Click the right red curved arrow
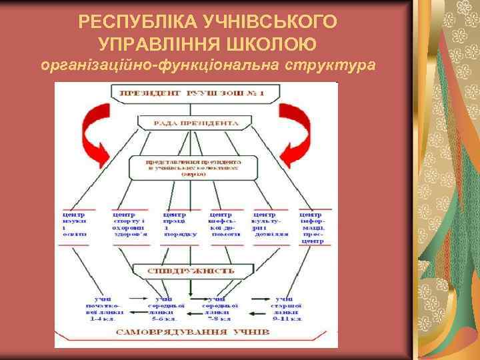pos(291,133)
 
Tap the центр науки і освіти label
pos(74,225)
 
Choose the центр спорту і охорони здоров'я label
pos(128,225)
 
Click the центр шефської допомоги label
pos(225,225)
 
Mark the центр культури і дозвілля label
pos(270,225)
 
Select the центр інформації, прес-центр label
pos(312,227)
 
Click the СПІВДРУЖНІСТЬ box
pos(193,271)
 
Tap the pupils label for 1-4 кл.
pos(103,308)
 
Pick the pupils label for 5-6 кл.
pos(162,308)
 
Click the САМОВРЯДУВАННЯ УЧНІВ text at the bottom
pos(193,331)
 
